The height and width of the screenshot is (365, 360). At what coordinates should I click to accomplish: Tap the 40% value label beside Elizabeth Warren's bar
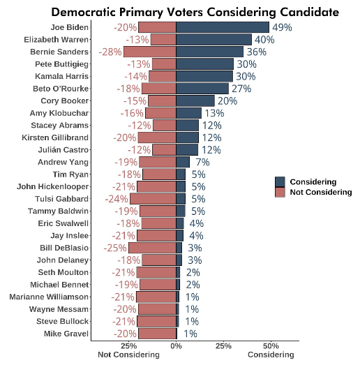pyautogui.click(x=264, y=40)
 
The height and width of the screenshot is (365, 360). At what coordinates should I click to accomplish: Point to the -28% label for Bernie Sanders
pyautogui.click(x=111, y=52)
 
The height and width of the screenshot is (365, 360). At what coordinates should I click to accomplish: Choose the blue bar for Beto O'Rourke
pyautogui.click(x=202, y=89)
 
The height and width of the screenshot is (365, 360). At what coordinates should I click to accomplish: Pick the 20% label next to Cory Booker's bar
pyautogui.click(x=227, y=100)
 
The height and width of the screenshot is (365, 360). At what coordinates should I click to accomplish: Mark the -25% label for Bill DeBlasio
pyautogui.click(x=116, y=248)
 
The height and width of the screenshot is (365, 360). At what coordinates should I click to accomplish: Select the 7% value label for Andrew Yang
pyautogui.click(x=203, y=162)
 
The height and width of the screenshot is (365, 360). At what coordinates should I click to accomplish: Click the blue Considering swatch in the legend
pyautogui.click(x=280, y=181)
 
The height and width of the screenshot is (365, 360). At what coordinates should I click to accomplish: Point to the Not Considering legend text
pyautogui.click(x=320, y=192)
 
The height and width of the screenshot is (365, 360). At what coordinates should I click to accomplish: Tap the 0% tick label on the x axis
pyautogui.click(x=177, y=345)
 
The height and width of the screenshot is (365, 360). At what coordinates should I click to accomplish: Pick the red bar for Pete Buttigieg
pyautogui.click(x=164, y=64)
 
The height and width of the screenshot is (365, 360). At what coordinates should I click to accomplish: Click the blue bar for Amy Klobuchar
pyautogui.click(x=189, y=113)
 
